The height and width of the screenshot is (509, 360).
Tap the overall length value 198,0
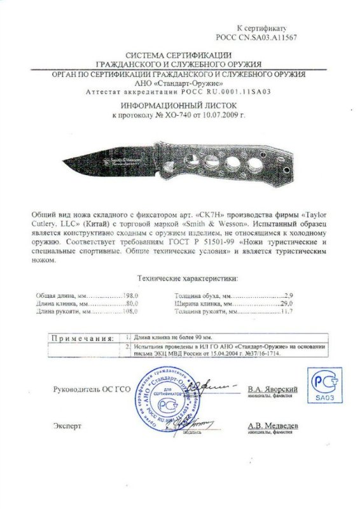click(x=130, y=296)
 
